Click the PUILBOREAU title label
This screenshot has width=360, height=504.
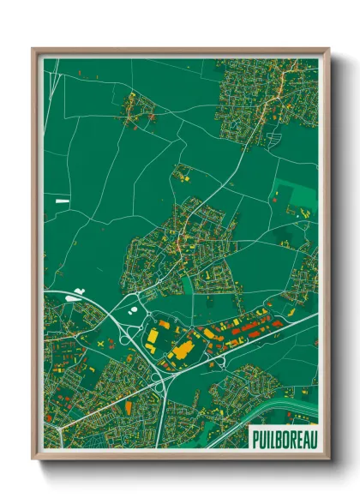pos(284,439)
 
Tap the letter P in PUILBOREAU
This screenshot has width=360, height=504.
pos(256,439)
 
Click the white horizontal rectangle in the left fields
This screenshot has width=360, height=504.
pos(62,200)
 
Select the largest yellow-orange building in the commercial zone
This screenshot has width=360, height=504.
pos(182,350)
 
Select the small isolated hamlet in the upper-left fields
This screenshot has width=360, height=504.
pos(138,106)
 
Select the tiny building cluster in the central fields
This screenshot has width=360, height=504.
pos(183,174)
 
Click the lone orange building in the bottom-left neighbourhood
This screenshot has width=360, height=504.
pos(129,405)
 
